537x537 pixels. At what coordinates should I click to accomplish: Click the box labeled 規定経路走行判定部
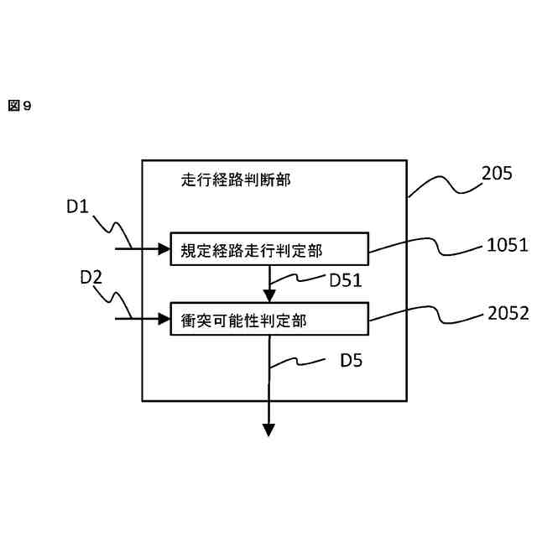tap(268, 248)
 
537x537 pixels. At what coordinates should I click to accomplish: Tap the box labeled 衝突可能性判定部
tap(268, 318)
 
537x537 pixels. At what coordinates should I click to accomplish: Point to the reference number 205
tap(498, 174)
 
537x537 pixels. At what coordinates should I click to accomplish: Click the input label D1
tap(77, 206)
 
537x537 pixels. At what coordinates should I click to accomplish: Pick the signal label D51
tap(345, 281)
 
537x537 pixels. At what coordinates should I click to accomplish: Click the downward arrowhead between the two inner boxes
tap(269, 295)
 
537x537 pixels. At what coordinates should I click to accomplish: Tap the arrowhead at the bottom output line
tap(269, 430)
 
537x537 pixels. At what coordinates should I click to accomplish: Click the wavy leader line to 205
tap(445, 185)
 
